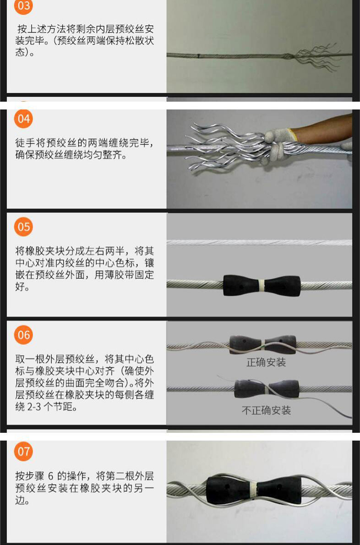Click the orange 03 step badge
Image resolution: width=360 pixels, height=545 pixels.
click(24, 6)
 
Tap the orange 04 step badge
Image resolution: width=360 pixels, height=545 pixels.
click(24, 119)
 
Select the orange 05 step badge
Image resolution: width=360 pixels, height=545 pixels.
click(24, 227)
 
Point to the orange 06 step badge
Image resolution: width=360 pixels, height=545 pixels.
click(24, 335)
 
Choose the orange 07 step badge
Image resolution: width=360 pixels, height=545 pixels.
click(24, 451)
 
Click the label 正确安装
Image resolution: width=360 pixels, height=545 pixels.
click(266, 363)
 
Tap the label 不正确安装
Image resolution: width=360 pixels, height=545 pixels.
click(266, 410)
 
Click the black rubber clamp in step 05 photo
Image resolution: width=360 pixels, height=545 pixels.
click(262, 286)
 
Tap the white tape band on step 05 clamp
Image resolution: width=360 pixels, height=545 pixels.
click(262, 286)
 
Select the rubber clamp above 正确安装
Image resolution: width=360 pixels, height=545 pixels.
click(263, 344)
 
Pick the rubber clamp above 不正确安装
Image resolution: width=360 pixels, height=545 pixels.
click(267, 389)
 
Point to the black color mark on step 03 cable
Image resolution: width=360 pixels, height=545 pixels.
click(198, 55)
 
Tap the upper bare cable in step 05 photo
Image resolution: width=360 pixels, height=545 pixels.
click(259, 243)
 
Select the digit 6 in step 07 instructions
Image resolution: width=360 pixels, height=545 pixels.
click(51, 476)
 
